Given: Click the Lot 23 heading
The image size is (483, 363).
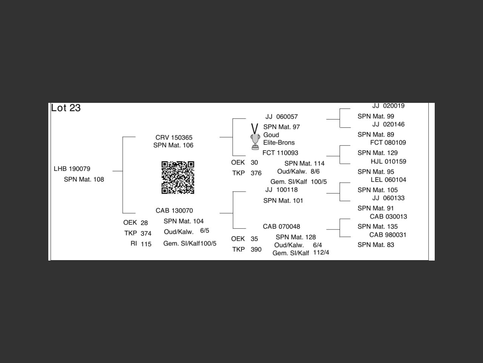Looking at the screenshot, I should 66,108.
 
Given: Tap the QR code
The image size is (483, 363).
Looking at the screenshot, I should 178,177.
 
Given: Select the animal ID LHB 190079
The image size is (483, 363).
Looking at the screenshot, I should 72,169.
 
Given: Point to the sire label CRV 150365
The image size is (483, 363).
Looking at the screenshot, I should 174,138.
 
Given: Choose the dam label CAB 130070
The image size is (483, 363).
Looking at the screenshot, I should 174,211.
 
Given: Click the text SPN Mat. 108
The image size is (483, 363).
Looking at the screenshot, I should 84,179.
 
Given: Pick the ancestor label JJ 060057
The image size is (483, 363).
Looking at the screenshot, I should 281,117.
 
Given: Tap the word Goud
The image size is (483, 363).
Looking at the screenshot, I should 271,135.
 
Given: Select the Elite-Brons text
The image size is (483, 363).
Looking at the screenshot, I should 279,143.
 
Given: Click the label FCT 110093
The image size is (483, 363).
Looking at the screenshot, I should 280,153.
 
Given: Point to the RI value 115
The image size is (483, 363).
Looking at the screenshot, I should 146,244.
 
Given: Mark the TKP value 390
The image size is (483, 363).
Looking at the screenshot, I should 256,250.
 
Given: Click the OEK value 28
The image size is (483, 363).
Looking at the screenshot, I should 144,223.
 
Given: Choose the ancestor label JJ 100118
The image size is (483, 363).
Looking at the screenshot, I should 281,190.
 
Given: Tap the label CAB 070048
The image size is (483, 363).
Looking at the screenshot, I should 281,226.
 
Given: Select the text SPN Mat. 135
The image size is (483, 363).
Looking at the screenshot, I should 377,226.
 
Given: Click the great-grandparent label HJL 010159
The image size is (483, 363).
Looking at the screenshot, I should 388,161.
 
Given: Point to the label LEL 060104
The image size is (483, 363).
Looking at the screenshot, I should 388,180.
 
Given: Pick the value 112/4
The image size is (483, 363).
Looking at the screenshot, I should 321,252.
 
